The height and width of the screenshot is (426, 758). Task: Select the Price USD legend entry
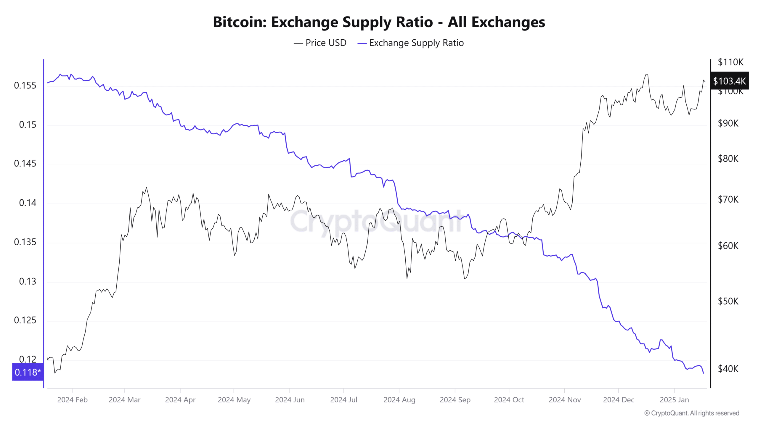point(326,43)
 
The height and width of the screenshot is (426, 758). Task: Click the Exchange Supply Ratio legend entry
point(416,43)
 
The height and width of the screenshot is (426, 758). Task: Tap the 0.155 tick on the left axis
point(25,85)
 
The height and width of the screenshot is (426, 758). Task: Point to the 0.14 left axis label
point(28,203)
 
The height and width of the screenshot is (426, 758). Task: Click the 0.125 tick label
point(25,320)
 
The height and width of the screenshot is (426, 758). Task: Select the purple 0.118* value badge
point(28,372)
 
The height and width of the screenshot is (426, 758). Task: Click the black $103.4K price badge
point(729,81)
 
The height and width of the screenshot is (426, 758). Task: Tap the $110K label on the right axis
point(730,62)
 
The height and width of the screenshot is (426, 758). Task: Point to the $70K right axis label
point(728,199)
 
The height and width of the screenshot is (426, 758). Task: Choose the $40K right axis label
point(728,369)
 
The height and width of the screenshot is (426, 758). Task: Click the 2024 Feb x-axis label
point(72,400)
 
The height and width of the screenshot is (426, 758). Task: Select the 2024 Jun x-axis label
point(290,400)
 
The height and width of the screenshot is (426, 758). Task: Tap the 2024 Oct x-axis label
point(509,400)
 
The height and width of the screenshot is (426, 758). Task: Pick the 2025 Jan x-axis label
point(674,400)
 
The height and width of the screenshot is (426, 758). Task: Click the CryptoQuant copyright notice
point(691,413)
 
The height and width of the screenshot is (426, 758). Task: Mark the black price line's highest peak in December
point(646,74)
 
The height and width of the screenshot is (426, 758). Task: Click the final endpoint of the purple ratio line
point(703,373)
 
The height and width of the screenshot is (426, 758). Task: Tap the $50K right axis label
point(728,301)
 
